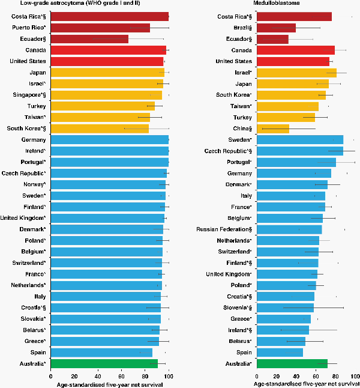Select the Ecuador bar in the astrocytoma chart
point(89,39)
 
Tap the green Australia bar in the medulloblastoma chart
point(292,363)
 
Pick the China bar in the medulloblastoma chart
point(273,129)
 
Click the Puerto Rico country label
point(32,28)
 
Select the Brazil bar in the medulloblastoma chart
point(276,28)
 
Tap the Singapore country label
point(30,95)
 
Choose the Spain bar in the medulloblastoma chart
point(280,353)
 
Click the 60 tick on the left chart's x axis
point(122,376)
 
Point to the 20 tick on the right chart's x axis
point(277,376)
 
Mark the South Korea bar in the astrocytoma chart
point(100,129)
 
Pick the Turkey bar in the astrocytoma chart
point(103,106)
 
